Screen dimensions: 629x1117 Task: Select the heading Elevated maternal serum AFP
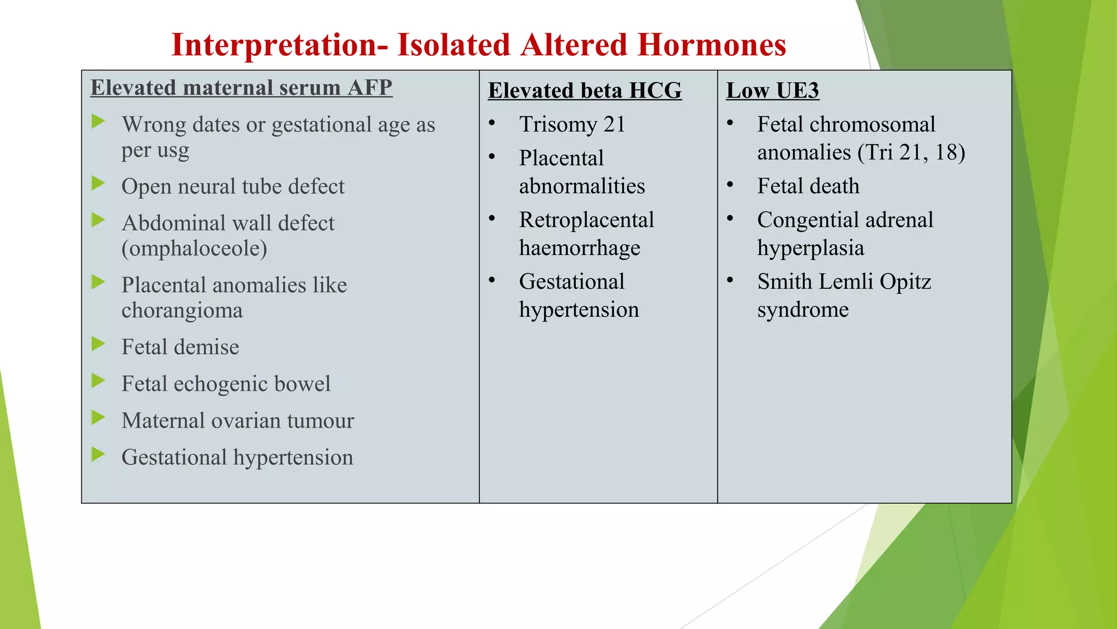click(241, 87)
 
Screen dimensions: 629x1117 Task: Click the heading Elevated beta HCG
click(585, 91)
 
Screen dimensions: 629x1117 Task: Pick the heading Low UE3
click(772, 91)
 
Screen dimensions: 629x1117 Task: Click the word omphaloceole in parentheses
click(194, 249)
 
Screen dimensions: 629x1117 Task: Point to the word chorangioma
click(182, 311)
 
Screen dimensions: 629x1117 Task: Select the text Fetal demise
click(180, 347)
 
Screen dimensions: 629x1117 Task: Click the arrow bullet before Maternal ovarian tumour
click(98, 418)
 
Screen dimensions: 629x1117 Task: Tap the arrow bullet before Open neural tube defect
click(98, 183)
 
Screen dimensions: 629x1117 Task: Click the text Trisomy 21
click(572, 124)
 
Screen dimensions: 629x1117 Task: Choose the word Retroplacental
click(586, 220)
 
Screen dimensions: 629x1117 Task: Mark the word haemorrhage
click(579, 248)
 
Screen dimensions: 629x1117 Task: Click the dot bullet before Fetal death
click(730, 185)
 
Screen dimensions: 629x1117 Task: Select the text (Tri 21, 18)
click(911, 152)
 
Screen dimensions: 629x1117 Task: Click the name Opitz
click(905, 282)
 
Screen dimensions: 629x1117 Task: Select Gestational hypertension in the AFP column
click(237, 458)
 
